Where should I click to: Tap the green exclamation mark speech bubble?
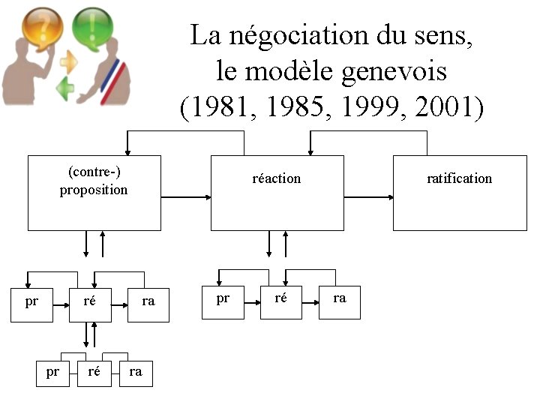(x=91, y=24)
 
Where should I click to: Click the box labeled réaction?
(x=277, y=193)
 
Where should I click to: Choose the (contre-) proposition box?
(x=94, y=193)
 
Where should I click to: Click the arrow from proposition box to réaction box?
(x=185, y=197)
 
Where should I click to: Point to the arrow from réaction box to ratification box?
(x=368, y=197)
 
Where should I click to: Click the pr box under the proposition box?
(x=31, y=302)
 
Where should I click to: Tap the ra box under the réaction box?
(x=340, y=299)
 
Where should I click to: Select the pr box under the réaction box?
(x=223, y=299)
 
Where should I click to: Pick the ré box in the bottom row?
(x=94, y=371)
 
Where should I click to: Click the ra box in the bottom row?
(x=136, y=371)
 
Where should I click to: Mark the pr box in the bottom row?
(x=52, y=371)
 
